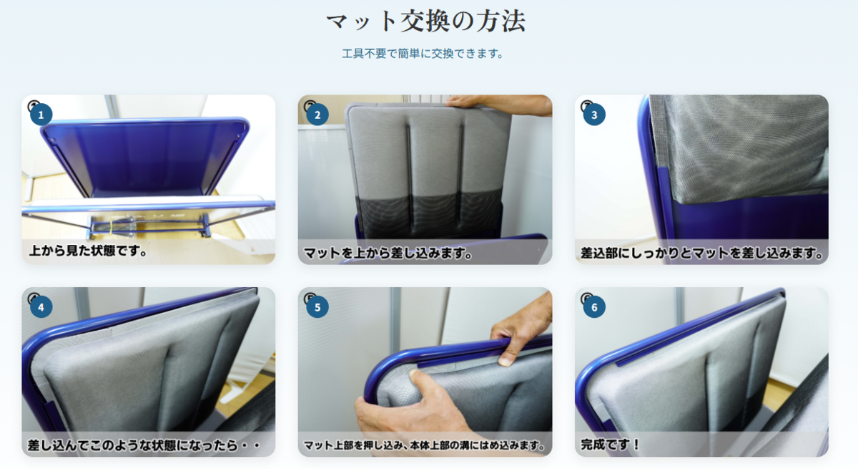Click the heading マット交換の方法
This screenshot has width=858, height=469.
pyautogui.click(x=425, y=21)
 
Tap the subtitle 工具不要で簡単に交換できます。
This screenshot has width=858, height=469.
pyautogui.click(x=423, y=54)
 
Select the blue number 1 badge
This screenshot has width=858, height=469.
pyautogui.click(x=41, y=115)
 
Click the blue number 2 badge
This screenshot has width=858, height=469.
pyautogui.click(x=317, y=115)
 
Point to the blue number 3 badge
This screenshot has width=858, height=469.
pyautogui.click(x=594, y=115)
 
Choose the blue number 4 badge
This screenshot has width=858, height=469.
pyautogui.click(x=41, y=306)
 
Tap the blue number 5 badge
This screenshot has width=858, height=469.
pyautogui.click(x=317, y=306)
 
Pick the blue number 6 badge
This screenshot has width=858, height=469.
pyautogui.click(x=594, y=306)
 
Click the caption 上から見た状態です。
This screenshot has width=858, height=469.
pyautogui.click(x=88, y=251)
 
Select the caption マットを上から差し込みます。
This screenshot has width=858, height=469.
pyautogui.click(x=388, y=253)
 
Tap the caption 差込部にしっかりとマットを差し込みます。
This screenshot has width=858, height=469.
pyautogui.click(x=701, y=253)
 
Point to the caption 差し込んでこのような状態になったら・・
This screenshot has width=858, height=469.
pyautogui.click(x=144, y=445)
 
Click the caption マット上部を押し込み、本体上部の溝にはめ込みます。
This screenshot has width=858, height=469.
pyautogui.click(x=425, y=445)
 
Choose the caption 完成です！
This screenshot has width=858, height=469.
pyautogui.click(x=610, y=445)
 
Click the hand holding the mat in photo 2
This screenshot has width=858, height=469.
pyautogui.click(x=498, y=105)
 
